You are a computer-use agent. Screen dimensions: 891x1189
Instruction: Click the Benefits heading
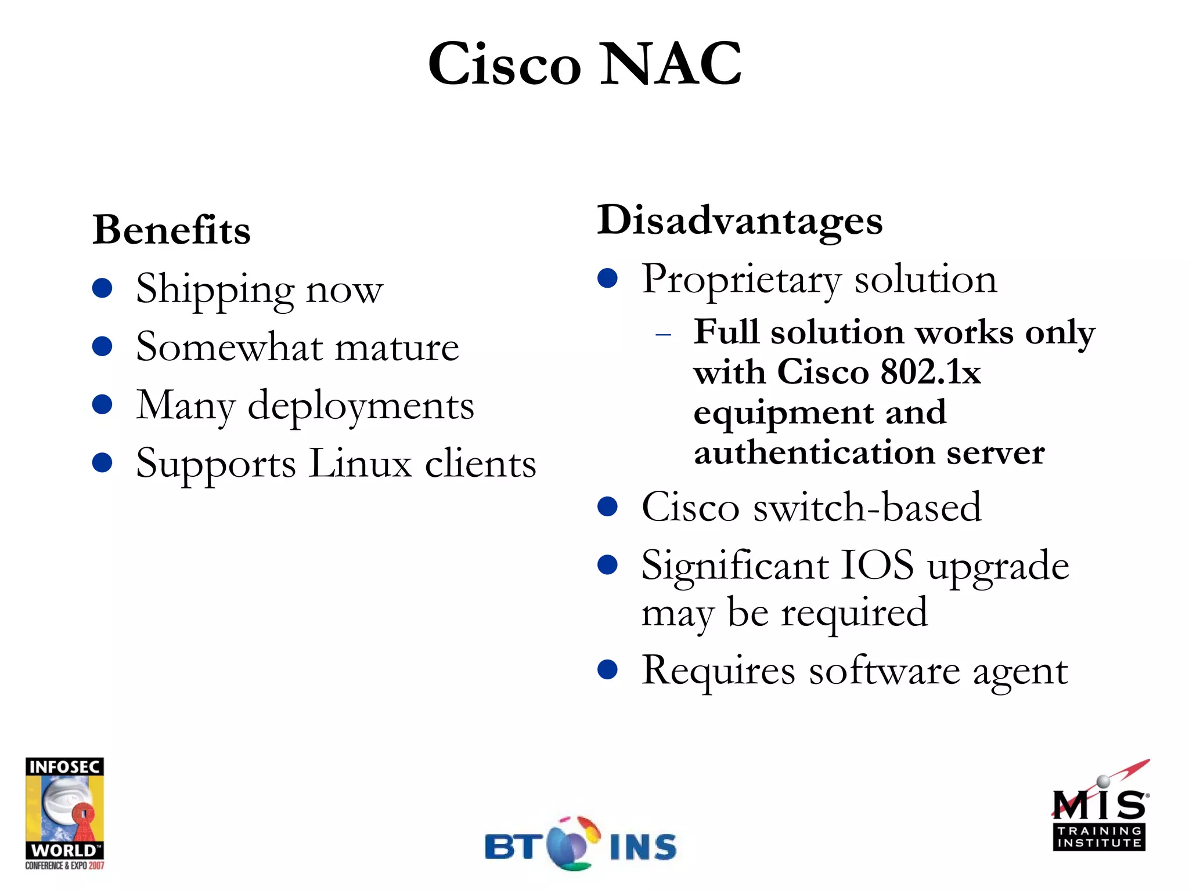tap(171, 230)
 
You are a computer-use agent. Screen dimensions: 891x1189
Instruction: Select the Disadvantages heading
tap(740, 220)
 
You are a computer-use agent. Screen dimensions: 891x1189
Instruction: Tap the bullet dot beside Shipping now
tap(102, 288)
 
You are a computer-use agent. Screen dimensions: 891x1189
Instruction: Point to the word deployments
tap(361, 405)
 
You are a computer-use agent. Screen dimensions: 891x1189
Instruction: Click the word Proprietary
tap(741, 280)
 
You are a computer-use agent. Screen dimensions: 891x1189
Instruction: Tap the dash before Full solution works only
tap(663, 335)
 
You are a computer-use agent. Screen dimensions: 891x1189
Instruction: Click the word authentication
tap(814, 452)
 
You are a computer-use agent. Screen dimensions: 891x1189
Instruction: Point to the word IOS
tap(877, 565)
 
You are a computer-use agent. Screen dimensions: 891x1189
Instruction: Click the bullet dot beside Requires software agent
tap(607, 669)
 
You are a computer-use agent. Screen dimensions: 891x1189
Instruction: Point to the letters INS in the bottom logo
tap(643, 847)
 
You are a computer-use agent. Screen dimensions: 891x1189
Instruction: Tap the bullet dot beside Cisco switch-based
tap(607, 506)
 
